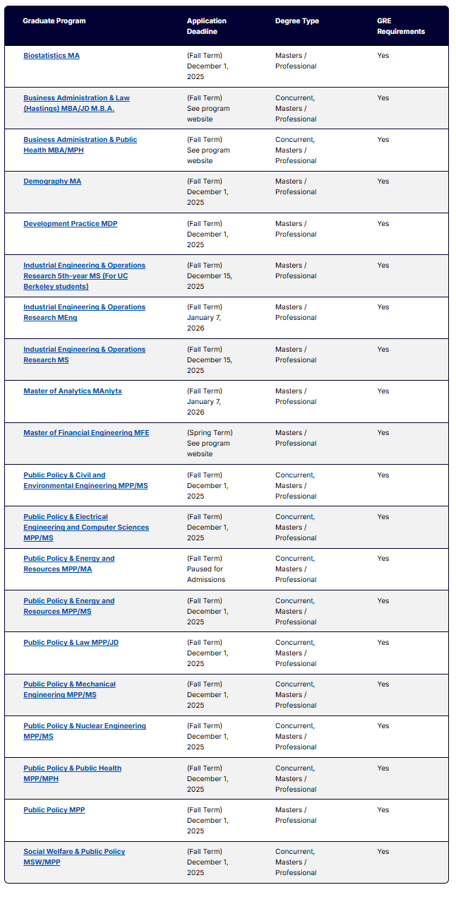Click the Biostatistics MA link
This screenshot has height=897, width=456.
[52, 56]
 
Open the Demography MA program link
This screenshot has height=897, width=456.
[52, 182]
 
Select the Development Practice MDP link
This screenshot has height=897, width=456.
[71, 224]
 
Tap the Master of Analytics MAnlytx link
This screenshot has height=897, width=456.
[73, 391]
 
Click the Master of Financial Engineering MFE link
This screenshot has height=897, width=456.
[86, 433]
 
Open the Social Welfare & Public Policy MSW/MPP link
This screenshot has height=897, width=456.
[74, 852]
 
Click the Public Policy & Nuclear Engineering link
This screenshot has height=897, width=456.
[85, 726]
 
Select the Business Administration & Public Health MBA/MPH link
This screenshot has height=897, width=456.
[80, 140]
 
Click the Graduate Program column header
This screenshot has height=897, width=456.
[54, 21]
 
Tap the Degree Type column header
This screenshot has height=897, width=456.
[297, 21]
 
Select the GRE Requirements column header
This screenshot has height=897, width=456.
[401, 26]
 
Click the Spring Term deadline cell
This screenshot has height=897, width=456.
[209, 444]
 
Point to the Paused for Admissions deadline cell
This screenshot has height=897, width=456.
[206, 569]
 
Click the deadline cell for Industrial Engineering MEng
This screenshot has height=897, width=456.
[205, 318]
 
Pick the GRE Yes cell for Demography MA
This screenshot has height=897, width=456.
[383, 182]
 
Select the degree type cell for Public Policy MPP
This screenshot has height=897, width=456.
[296, 815]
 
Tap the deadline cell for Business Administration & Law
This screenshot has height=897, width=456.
[208, 109]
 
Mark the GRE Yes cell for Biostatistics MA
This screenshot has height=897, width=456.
[383, 56]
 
